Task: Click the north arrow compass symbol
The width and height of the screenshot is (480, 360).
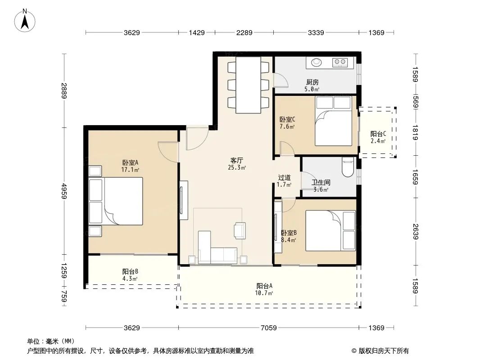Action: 24,21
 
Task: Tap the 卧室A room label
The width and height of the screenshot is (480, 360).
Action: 130,163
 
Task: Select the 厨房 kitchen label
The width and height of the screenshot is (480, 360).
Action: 312,82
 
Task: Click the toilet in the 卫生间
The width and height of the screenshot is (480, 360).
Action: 348,167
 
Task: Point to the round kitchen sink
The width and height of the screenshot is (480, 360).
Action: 317,63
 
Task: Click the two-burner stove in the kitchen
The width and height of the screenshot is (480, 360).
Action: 340,63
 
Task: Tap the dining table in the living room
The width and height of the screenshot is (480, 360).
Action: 248,85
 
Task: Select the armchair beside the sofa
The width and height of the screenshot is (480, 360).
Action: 240,230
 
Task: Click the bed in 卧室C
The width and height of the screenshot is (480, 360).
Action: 333,121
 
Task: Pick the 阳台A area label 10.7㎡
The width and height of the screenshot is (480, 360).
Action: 264,293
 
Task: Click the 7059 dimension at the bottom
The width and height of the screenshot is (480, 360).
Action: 268,328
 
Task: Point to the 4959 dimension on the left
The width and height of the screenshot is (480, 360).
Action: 63,191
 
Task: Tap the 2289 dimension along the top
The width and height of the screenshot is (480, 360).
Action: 245,32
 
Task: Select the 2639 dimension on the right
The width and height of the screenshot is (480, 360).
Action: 416,232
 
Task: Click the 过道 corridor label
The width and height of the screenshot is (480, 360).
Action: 284,178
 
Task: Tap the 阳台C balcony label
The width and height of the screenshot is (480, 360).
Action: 378,134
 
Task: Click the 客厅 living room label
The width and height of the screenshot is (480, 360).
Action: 237,161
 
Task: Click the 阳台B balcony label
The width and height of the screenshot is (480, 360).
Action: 130,272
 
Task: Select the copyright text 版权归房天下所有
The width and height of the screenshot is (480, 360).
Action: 384,351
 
